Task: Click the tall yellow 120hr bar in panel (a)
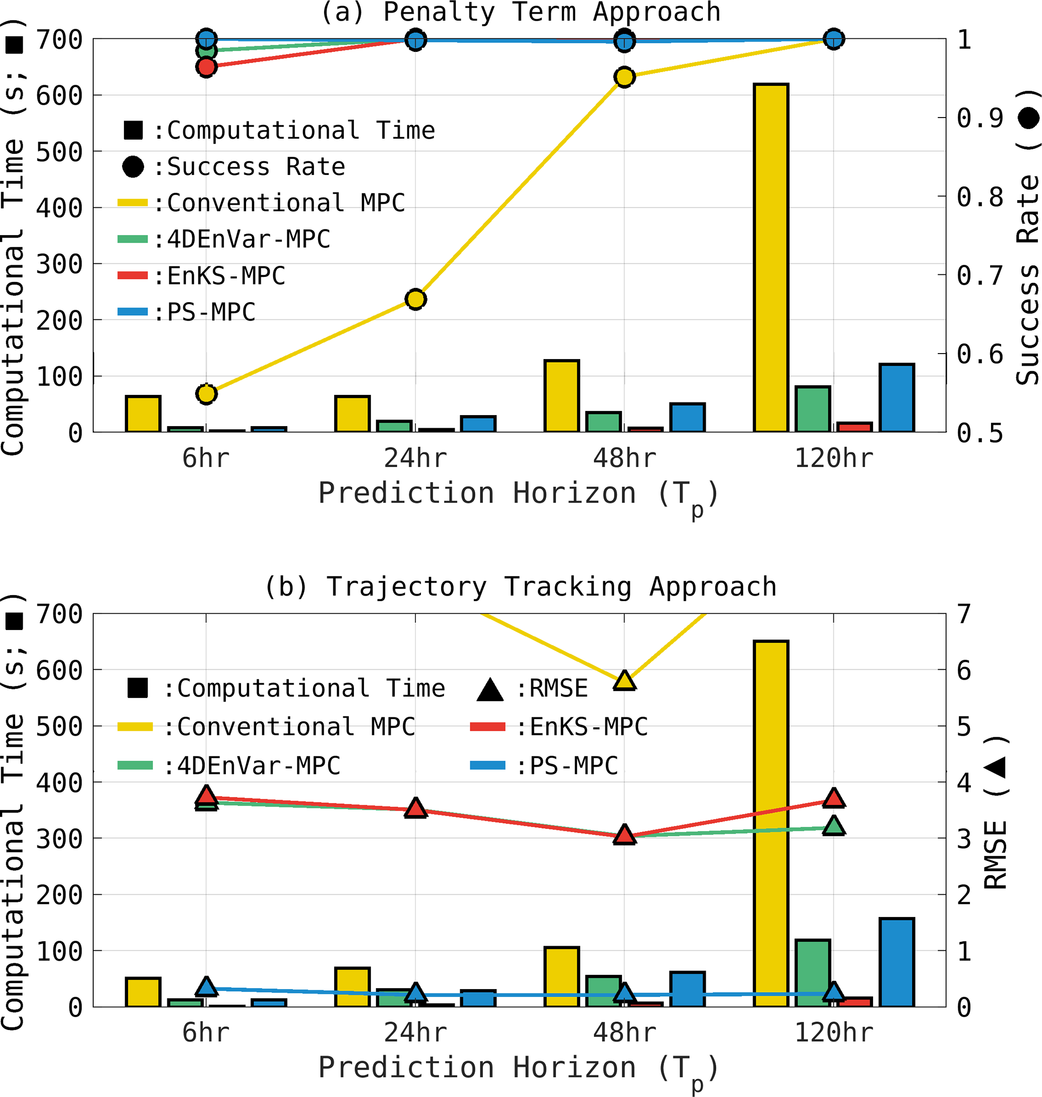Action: coord(771,258)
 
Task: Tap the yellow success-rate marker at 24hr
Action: coord(415,300)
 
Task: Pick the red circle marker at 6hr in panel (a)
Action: coord(206,67)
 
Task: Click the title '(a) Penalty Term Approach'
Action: coord(520,12)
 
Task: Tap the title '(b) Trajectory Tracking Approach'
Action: coord(520,587)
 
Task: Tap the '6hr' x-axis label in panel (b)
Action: coord(206,1033)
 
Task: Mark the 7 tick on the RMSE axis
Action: coord(964,614)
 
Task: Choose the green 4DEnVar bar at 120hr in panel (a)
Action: coord(813,409)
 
